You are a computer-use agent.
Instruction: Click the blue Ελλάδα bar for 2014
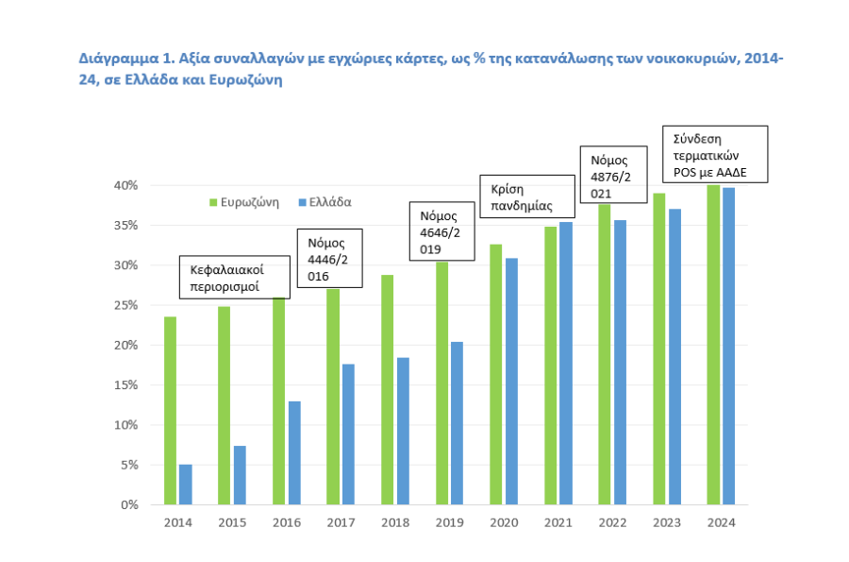(x=185, y=485)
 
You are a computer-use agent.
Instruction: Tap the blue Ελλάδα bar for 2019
(x=457, y=423)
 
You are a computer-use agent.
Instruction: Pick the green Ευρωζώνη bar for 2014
(x=171, y=410)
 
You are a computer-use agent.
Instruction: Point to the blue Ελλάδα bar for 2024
(x=728, y=346)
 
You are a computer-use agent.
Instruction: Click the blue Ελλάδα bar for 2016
(x=294, y=452)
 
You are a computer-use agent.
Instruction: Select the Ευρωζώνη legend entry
(x=244, y=202)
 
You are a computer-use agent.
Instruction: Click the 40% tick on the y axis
(x=127, y=185)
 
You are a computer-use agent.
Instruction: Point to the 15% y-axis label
(x=127, y=385)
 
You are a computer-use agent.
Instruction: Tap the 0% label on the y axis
(x=130, y=505)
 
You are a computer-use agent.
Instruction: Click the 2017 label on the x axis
(x=341, y=522)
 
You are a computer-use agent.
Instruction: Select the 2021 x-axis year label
(x=558, y=522)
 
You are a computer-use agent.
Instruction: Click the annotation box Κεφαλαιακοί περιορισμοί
(x=234, y=277)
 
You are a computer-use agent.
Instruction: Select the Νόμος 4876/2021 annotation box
(x=612, y=174)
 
